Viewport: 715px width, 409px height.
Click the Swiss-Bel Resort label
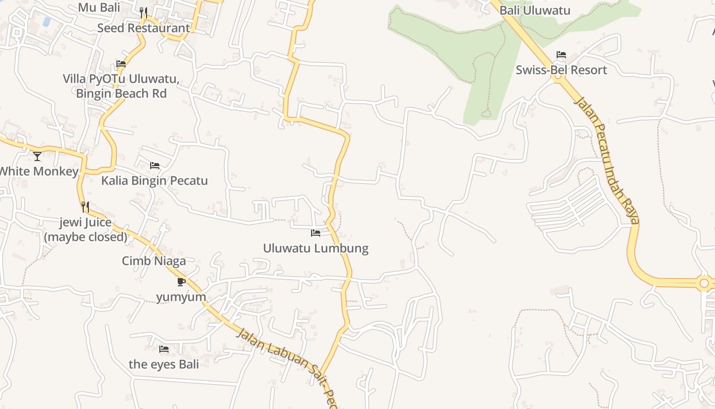click(x=561, y=70)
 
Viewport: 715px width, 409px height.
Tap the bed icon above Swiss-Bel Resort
click(x=561, y=55)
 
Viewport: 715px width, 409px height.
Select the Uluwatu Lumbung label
click(x=316, y=248)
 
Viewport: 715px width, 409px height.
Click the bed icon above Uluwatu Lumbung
click(x=316, y=233)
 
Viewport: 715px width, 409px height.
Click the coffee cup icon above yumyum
click(x=181, y=282)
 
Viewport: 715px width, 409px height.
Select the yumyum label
click(x=181, y=297)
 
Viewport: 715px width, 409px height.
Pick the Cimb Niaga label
click(x=154, y=261)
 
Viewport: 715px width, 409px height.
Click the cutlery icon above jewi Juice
click(x=85, y=207)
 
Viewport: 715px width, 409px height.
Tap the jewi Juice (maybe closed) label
click(x=85, y=230)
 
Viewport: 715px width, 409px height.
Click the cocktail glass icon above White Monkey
click(x=37, y=156)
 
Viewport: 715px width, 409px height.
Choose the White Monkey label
click(x=38, y=171)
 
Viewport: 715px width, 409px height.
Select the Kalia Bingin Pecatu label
click(x=154, y=180)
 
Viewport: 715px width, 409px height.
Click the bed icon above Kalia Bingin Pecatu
click(x=155, y=166)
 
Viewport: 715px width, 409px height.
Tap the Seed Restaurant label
click(x=144, y=28)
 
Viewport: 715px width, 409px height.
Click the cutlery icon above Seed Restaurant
click(x=144, y=12)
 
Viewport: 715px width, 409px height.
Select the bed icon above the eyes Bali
click(x=164, y=349)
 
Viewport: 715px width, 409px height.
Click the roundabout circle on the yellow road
click(x=705, y=283)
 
